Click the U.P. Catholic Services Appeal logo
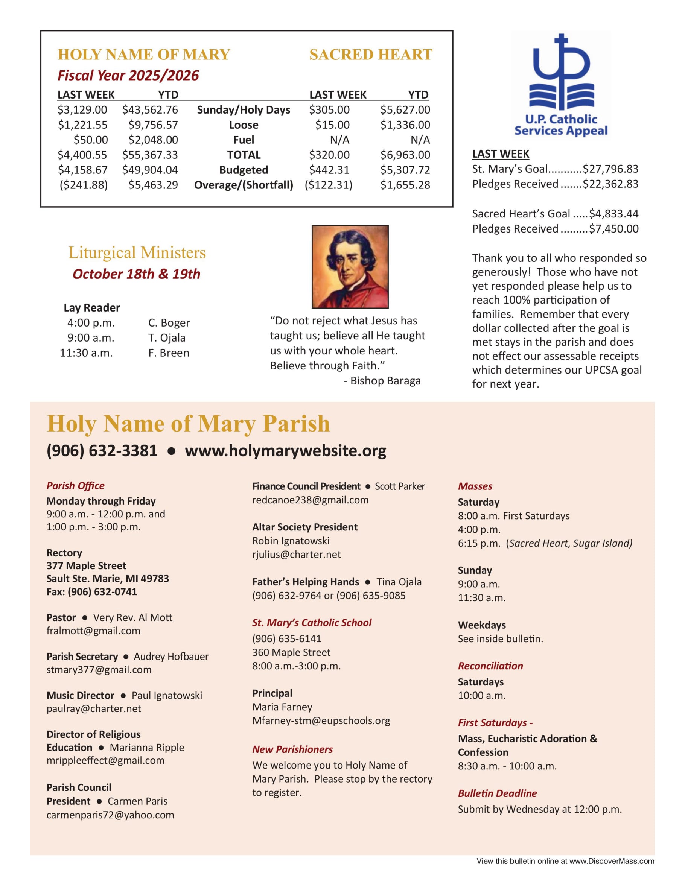(561, 85)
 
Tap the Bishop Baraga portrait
(350, 266)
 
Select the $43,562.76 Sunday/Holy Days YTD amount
(150, 110)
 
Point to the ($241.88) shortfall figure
(84, 185)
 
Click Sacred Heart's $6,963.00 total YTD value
(405, 155)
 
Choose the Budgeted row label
(244, 170)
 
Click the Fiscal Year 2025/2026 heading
(128, 76)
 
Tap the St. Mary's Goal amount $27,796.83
(610, 169)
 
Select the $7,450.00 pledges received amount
(613, 229)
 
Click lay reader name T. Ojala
(167, 337)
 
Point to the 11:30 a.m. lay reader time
(86, 353)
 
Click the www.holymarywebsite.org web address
(285, 451)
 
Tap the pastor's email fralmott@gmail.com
(93, 631)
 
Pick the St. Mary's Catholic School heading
(312, 623)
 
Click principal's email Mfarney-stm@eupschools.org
(321, 720)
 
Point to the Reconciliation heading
(490, 666)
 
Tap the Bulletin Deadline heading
(497, 793)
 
